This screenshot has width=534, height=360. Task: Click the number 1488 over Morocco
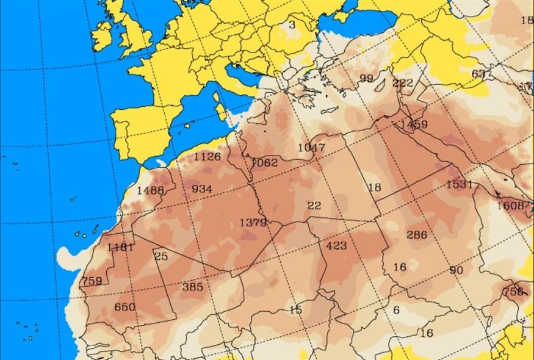(150, 190)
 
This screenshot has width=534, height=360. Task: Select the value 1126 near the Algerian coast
(207, 157)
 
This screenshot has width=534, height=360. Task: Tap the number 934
(202, 189)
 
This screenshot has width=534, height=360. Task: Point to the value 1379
(253, 223)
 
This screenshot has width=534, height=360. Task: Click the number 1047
(311, 147)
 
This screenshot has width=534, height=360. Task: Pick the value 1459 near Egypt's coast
(414, 124)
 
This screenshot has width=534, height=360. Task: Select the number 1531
(460, 184)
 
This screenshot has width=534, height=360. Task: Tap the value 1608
(510, 206)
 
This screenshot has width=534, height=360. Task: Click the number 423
(336, 246)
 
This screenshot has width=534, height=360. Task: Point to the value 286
(417, 235)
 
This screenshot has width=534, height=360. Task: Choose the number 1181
(120, 247)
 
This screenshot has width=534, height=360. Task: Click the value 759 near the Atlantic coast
(92, 281)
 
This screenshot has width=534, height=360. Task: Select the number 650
(125, 307)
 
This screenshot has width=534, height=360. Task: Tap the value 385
(192, 286)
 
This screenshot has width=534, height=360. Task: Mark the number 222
(403, 83)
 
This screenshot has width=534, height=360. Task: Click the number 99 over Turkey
(366, 78)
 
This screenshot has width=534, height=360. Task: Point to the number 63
(478, 74)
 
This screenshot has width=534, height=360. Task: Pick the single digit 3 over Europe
(292, 25)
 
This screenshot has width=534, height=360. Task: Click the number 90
(456, 270)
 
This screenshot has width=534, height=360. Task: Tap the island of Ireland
(103, 37)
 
